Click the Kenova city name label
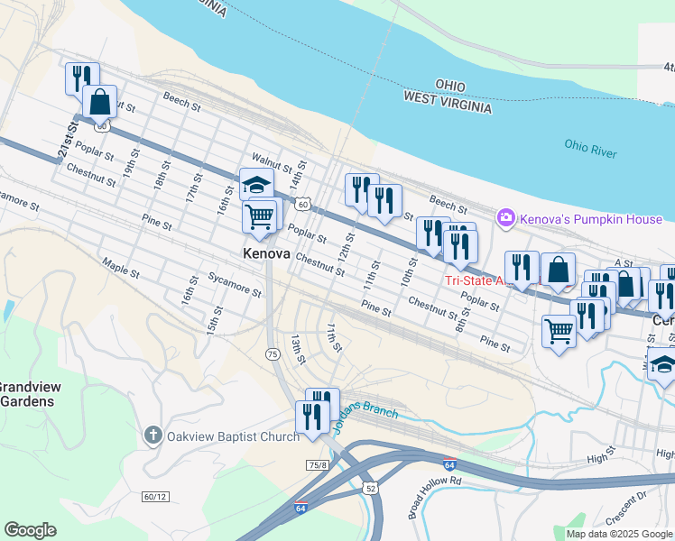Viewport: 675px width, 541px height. pos(266,254)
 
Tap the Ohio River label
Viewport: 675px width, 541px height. pos(590,148)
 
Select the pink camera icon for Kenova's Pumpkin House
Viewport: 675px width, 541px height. pos(505,217)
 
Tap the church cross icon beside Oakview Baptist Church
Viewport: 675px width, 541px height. pos(153,436)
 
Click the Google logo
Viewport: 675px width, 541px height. pos(30,529)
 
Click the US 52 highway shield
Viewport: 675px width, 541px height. pos(371,488)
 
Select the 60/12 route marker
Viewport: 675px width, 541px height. pos(155,497)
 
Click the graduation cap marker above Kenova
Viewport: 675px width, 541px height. pos(256,185)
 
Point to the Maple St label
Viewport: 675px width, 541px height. pos(120,268)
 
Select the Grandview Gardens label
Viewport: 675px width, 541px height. pos(29,394)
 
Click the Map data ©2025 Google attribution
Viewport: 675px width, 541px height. pos(619,534)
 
